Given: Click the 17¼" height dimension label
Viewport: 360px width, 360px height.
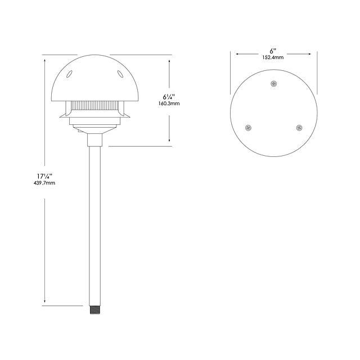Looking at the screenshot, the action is pyautogui.click(x=45, y=176).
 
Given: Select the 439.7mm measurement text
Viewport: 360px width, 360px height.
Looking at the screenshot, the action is pyautogui.click(x=44, y=183).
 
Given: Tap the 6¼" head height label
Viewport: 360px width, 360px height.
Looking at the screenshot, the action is pyautogui.click(x=169, y=97).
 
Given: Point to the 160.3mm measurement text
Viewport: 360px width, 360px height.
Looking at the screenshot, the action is pyautogui.click(x=169, y=103).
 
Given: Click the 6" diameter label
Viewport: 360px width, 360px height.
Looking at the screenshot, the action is pyautogui.click(x=273, y=51).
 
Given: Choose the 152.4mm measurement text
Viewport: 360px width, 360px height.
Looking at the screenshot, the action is pyautogui.click(x=273, y=57).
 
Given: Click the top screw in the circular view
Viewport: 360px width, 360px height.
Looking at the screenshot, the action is pyautogui.click(x=273, y=84).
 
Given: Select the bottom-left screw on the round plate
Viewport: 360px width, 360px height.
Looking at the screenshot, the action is pyautogui.click(x=248, y=128).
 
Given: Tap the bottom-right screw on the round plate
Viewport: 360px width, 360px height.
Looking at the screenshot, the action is pyautogui.click(x=299, y=128).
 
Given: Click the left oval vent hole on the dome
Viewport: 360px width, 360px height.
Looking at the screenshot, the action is pyautogui.click(x=69, y=74).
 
